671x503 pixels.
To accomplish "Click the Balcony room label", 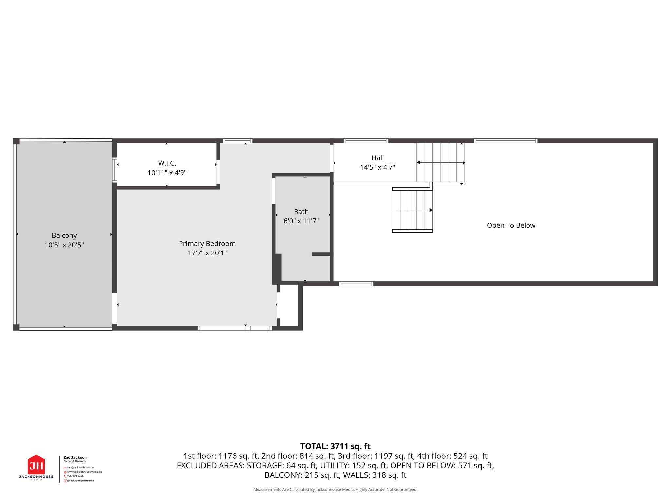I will click(64, 235).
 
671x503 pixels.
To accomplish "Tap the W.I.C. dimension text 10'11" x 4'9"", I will click(167, 173).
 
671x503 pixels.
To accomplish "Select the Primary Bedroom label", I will click(207, 244).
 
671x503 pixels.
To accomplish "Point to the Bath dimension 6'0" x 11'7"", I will click(301, 221).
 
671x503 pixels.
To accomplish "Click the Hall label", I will click(377, 158).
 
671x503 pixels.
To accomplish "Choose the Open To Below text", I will click(511, 225).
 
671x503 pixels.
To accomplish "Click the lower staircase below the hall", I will click(412, 210).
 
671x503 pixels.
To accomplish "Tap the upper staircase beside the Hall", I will click(440, 162).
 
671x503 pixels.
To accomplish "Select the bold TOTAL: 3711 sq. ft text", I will click(335, 446).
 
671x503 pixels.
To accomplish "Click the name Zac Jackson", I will click(75, 457).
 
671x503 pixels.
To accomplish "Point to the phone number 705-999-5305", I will click(75, 476).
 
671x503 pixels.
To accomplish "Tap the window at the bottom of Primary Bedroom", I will click(235, 328).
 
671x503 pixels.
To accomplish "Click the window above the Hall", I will click(366, 141).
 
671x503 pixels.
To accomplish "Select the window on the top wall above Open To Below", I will click(506, 141).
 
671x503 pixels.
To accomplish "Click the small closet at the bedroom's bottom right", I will click(289, 305).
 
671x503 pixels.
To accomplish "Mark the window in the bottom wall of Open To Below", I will click(356, 284).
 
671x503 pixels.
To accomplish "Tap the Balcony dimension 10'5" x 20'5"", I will click(64, 245).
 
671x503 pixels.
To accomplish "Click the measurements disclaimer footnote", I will click(335, 489).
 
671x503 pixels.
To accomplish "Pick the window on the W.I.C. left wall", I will click(114, 170).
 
